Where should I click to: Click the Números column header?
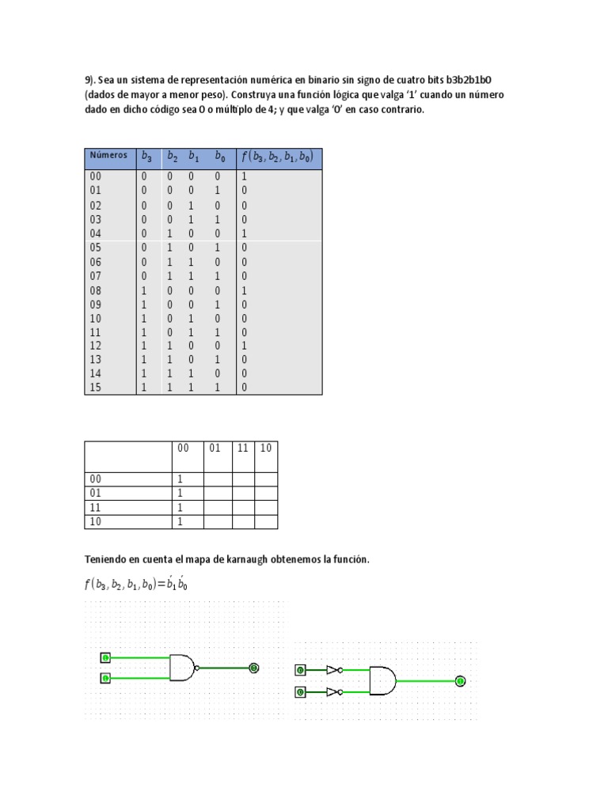point(108,156)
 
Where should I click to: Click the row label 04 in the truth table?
point(96,233)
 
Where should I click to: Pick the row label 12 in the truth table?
point(96,346)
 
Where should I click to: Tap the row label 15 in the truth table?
point(96,388)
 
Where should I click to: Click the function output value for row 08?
point(245,290)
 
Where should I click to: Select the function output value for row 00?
point(245,177)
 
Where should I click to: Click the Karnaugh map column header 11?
point(243,448)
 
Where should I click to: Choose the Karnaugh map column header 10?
point(266,448)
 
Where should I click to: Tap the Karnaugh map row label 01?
point(96,493)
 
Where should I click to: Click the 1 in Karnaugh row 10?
point(180,522)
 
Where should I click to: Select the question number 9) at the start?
point(89,80)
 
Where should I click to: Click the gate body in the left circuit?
point(181,668)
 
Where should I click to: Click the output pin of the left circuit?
point(253,668)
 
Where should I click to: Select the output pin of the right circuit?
point(460,680)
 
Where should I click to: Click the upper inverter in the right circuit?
point(333,670)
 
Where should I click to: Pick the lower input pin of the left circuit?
point(105,679)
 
